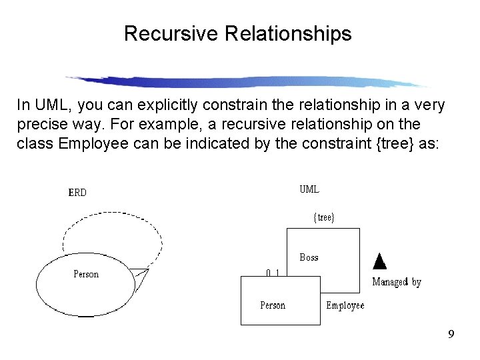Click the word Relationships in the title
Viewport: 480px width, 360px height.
point(289,33)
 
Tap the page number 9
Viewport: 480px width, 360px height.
point(451,334)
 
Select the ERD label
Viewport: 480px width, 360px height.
point(77,193)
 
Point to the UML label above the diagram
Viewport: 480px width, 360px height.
point(309,189)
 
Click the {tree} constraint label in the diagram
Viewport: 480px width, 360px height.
point(324,217)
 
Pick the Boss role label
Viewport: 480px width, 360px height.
point(309,257)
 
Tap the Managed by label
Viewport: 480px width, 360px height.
point(397,282)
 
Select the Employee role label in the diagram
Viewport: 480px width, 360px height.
point(345,305)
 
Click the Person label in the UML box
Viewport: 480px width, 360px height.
point(272,305)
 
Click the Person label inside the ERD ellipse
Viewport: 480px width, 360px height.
point(86,274)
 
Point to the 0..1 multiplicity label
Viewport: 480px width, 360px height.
point(272,273)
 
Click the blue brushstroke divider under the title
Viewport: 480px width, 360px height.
point(247,81)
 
